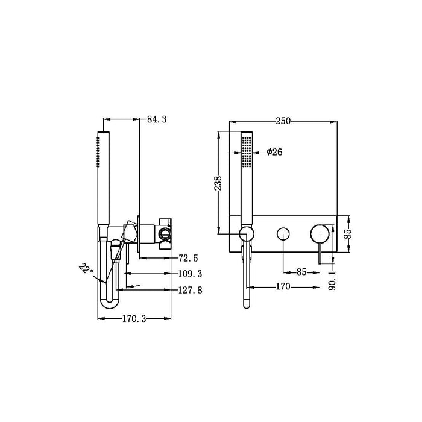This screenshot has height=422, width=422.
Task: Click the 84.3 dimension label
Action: (x=156, y=120)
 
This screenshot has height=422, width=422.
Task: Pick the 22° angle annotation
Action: (x=84, y=268)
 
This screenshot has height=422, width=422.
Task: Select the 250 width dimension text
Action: (x=282, y=121)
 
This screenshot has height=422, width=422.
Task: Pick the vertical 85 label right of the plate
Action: (x=347, y=233)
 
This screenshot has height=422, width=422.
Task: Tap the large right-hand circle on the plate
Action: (x=320, y=233)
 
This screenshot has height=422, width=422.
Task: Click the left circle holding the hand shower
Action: (x=246, y=234)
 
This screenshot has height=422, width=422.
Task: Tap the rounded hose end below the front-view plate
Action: (x=246, y=303)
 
